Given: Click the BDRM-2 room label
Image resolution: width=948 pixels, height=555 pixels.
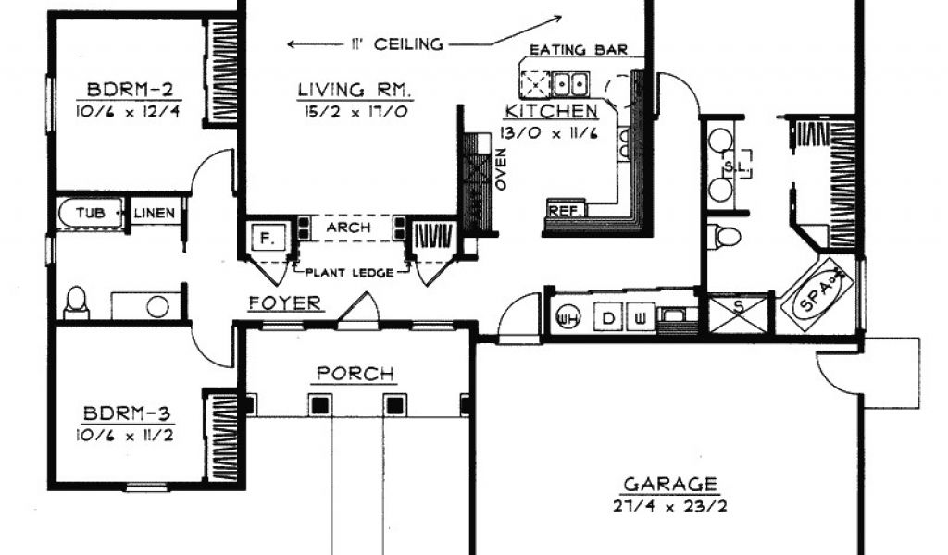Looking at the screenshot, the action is (x=130, y=90).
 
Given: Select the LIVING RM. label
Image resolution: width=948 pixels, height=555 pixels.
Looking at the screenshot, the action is (x=355, y=90).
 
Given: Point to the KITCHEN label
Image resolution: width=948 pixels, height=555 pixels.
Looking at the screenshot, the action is (x=551, y=111).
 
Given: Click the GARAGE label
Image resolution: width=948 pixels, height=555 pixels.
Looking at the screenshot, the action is (x=670, y=485).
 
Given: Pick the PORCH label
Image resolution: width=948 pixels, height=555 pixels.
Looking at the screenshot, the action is (x=355, y=374).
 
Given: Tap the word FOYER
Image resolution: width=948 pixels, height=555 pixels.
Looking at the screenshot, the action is (x=285, y=303).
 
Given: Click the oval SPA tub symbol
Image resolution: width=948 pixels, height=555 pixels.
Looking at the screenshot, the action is (x=817, y=295).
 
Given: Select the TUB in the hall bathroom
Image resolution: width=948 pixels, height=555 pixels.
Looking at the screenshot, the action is (x=91, y=213).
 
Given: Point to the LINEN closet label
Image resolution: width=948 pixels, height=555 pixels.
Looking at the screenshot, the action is (x=155, y=213).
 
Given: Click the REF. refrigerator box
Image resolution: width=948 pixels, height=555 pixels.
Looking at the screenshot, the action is (x=566, y=210).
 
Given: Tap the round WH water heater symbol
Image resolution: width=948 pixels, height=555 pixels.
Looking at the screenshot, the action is (x=567, y=316).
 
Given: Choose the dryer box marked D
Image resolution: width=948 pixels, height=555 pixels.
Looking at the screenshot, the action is (x=608, y=317).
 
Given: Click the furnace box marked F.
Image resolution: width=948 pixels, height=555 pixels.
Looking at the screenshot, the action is (x=266, y=239).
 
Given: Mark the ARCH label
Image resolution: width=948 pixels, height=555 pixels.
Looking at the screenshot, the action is (x=348, y=228).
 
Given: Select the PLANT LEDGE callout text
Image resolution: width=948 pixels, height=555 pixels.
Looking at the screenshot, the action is (x=349, y=273).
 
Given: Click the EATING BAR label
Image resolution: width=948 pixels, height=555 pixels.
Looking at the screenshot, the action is (x=579, y=50).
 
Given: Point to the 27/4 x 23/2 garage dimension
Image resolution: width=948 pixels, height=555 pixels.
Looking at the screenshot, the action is (x=670, y=506).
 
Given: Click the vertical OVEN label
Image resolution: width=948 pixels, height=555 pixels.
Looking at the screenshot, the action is (x=501, y=169).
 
